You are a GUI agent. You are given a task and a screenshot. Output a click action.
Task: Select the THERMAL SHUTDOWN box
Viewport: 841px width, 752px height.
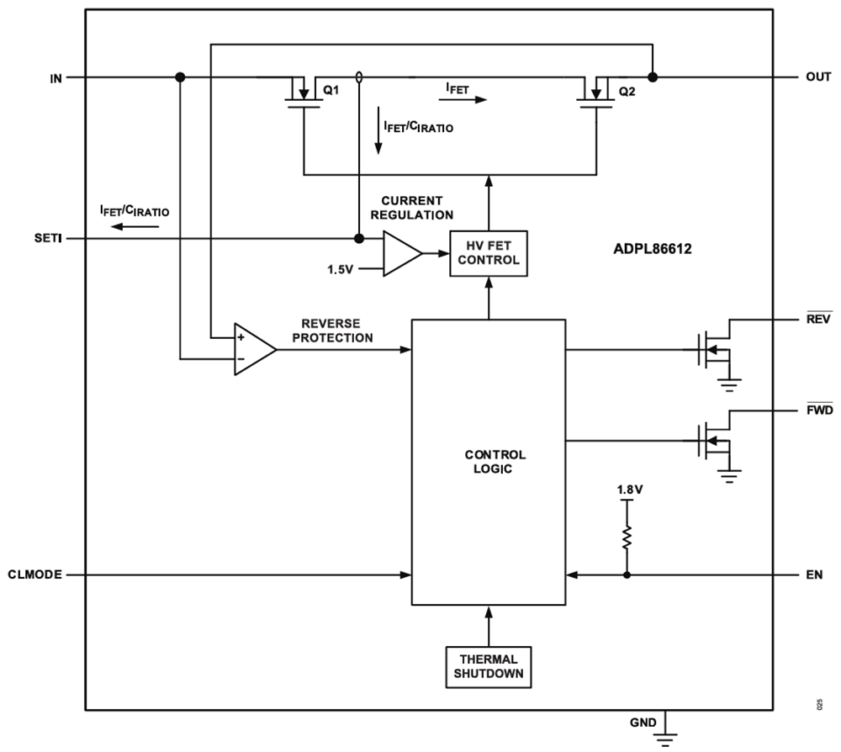[488, 665]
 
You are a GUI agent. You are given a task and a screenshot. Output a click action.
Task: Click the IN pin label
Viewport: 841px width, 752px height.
[56, 77]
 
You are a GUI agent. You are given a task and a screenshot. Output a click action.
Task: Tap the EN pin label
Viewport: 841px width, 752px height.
[813, 575]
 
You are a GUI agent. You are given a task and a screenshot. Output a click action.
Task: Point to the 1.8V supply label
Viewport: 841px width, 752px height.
[626, 488]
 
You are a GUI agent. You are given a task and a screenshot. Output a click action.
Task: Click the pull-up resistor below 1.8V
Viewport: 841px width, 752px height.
[626, 538]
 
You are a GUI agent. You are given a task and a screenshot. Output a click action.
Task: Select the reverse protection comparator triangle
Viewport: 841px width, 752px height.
[253, 348]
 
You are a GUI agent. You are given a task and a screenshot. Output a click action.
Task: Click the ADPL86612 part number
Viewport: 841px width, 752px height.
[653, 250]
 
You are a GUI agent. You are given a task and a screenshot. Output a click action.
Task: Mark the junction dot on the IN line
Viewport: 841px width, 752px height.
[180, 77]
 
